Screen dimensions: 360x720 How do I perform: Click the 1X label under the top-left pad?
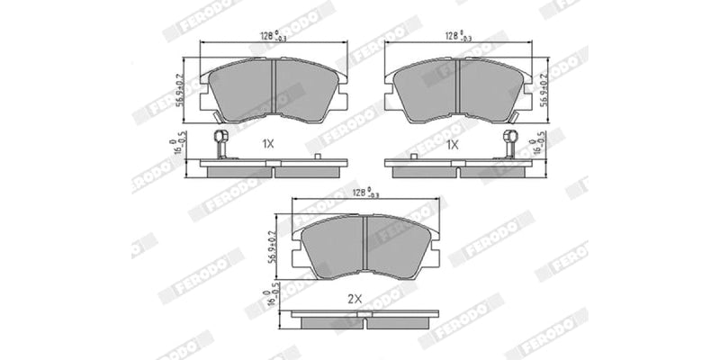click(x=267, y=144)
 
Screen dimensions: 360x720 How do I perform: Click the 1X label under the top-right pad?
click(x=452, y=144)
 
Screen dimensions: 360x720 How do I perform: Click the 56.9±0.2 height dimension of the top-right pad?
click(x=544, y=86)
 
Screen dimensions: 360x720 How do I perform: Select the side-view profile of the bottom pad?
click(x=364, y=319)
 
